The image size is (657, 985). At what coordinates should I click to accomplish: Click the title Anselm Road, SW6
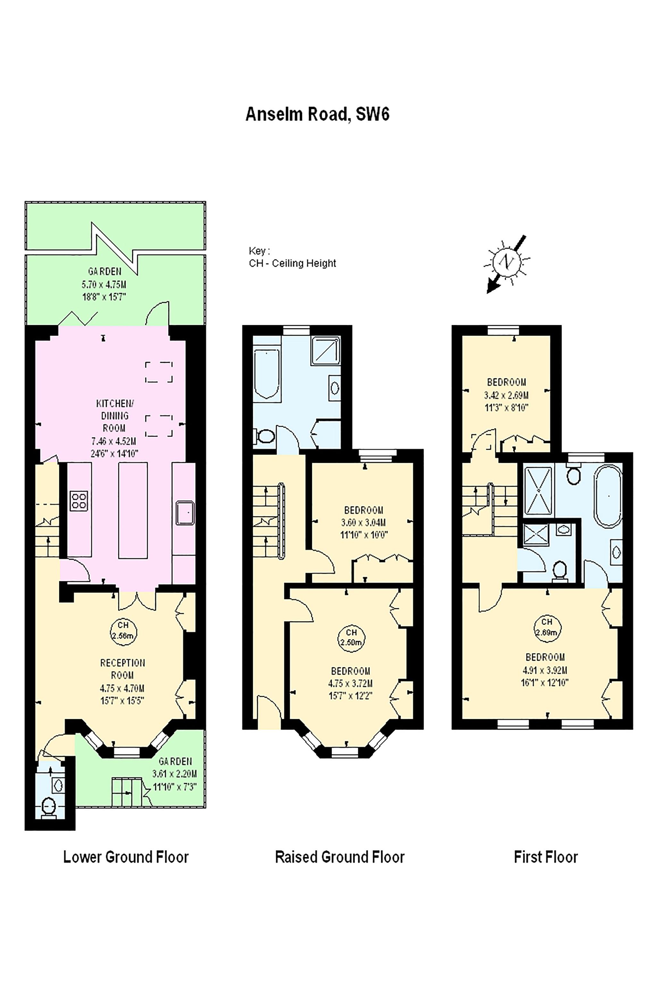tap(318, 114)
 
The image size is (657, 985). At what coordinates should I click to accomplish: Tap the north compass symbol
tap(507, 263)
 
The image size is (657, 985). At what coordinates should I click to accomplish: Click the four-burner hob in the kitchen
tap(79, 501)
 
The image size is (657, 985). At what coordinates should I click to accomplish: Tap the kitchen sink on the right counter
tap(185, 513)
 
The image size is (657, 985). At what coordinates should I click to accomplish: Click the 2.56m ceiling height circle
tap(123, 630)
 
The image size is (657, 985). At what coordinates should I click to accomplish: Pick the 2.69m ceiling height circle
tap(547, 627)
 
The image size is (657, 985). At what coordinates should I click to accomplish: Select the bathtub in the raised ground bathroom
tap(267, 372)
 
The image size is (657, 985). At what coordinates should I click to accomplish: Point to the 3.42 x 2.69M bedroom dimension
tap(506, 395)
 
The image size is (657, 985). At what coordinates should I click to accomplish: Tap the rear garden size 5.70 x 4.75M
tap(104, 284)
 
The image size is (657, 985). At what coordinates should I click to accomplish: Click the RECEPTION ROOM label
tap(122, 669)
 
